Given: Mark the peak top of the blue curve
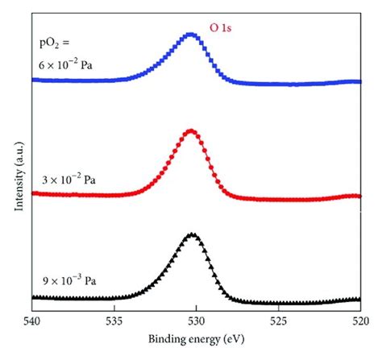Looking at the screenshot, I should (191, 35).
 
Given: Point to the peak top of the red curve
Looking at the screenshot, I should (191, 130).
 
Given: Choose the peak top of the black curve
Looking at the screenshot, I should (192, 234).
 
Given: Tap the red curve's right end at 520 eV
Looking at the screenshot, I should (359, 196).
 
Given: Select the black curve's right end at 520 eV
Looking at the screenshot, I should (359, 299).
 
